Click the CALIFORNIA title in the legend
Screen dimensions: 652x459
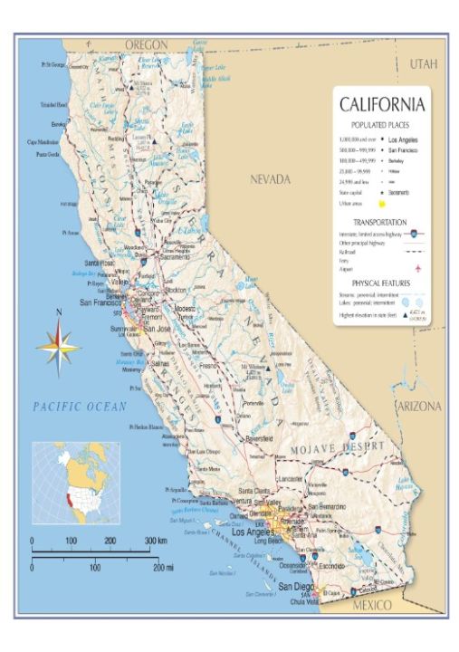click(x=381, y=105)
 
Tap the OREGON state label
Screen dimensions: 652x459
click(x=147, y=43)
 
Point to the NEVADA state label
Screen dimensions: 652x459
click(x=271, y=179)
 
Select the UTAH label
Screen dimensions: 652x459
click(x=423, y=64)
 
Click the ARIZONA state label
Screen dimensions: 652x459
click(x=418, y=407)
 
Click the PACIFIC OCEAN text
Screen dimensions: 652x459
click(x=81, y=407)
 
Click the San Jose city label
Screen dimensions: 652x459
click(x=158, y=329)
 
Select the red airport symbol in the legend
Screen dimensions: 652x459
click(x=418, y=268)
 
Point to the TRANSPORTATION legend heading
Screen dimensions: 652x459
click(x=381, y=221)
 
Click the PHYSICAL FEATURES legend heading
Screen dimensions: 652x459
click(x=381, y=283)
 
